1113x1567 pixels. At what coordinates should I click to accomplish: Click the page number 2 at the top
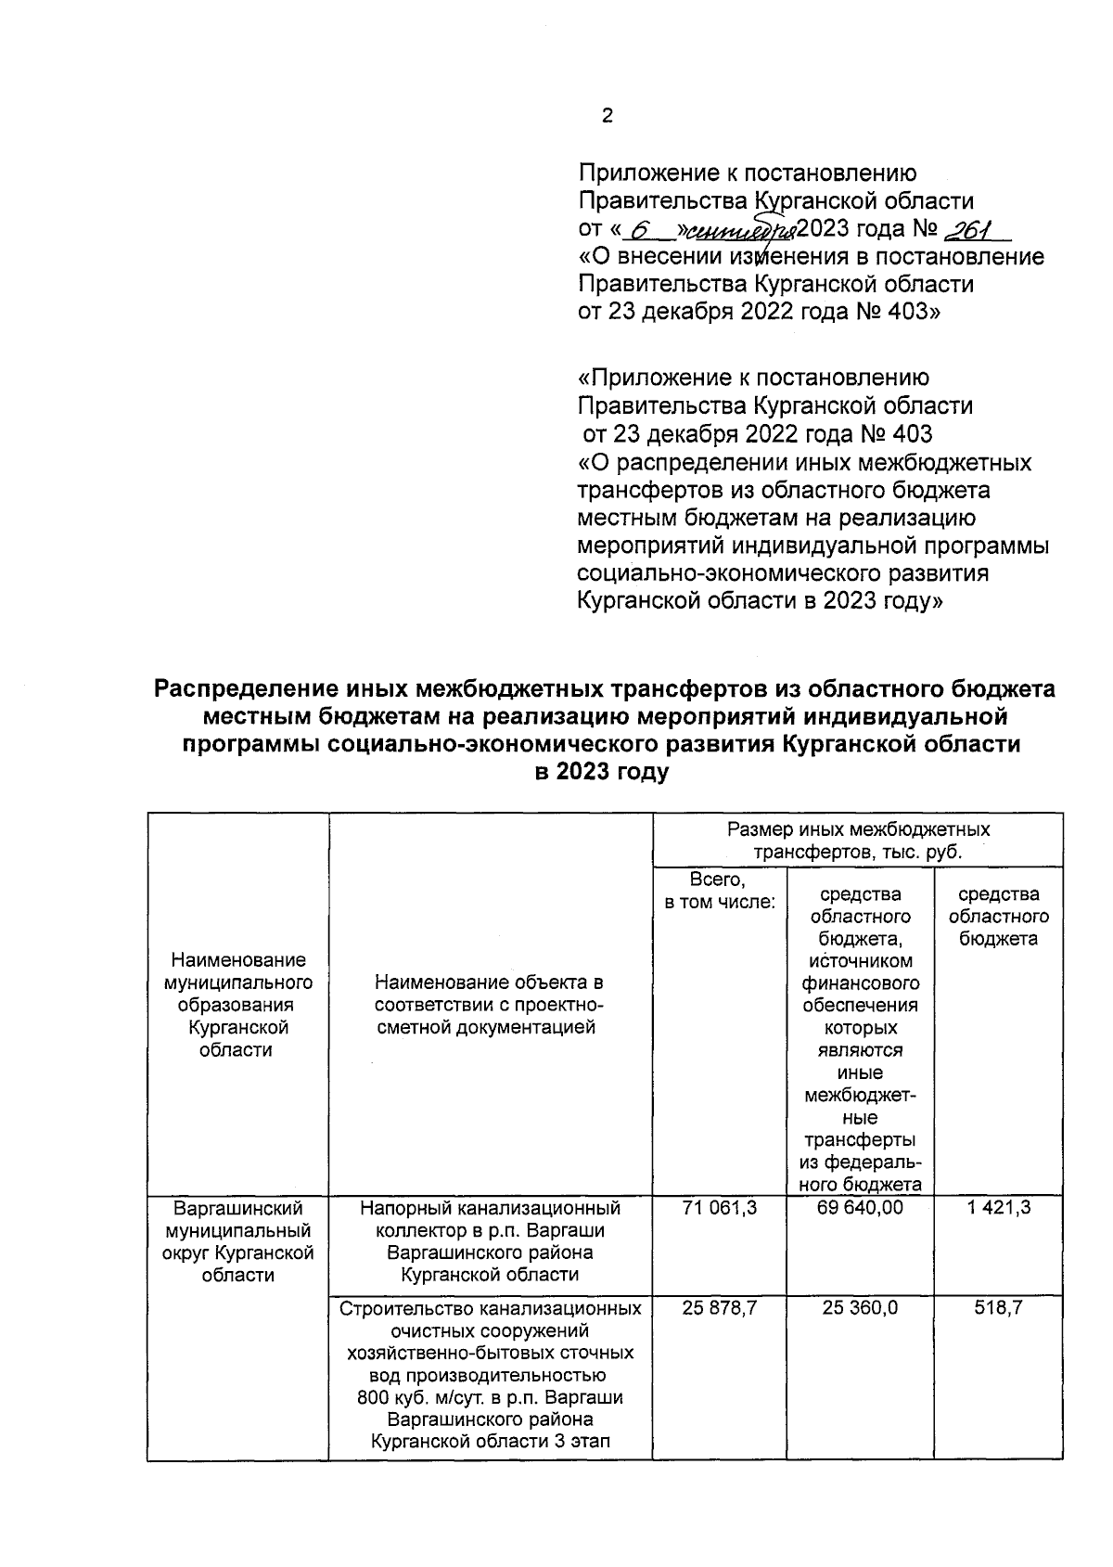click(607, 116)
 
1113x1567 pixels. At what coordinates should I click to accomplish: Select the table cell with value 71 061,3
click(719, 1208)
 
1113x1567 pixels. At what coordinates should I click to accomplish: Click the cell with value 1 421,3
click(998, 1208)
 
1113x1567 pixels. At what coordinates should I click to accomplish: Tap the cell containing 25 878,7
click(719, 1308)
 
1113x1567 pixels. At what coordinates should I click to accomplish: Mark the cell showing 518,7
click(998, 1308)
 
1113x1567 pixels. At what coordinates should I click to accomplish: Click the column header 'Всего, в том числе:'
click(719, 891)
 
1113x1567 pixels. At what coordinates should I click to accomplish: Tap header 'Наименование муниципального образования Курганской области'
click(237, 1005)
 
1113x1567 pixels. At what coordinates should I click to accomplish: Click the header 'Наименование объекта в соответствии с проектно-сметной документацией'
click(489, 1005)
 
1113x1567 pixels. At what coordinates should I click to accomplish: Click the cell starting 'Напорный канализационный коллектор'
click(489, 1241)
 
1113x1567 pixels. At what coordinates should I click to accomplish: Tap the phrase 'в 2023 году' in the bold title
click(602, 772)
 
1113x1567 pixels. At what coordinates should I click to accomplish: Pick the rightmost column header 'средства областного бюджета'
click(998, 917)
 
